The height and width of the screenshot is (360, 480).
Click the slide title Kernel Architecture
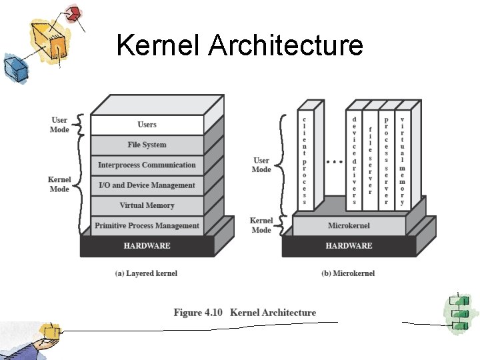click(239, 45)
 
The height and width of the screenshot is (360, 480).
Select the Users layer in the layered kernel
click(147, 125)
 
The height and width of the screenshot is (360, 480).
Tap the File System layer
click(147, 145)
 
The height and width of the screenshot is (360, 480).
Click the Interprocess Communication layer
click(147, 165)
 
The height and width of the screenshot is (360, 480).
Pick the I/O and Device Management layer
click(147, 185)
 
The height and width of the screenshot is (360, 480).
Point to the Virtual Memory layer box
click(147, 205)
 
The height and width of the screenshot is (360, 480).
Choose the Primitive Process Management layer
click(147, 225)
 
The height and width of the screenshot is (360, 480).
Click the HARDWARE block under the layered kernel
click(147, 246)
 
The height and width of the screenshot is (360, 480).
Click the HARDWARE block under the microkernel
click(349, 246)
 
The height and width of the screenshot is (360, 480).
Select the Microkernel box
click(349, 225)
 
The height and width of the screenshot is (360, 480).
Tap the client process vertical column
click(305, 160)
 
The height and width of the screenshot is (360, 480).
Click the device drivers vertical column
click(355, 160)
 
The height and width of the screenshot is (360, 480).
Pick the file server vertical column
click(371, 160)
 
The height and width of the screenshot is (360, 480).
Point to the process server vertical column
click(387, 160)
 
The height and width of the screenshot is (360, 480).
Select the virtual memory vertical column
click(402, 160)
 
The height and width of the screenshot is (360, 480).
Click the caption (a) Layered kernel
click(147, 273)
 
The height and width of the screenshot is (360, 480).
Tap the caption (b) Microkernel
click(348, 273)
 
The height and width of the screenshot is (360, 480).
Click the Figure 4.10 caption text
click(245, 313)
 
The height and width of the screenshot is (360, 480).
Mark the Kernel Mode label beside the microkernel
click(261, 225)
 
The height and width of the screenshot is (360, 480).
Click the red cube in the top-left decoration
click(74, 13)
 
